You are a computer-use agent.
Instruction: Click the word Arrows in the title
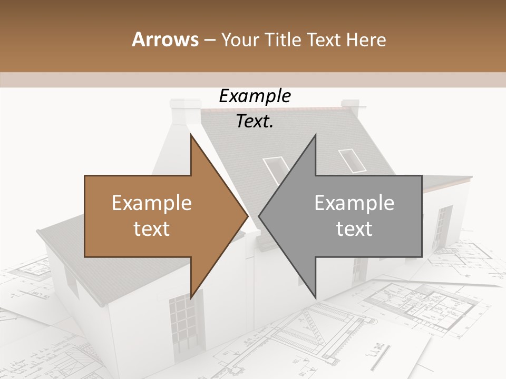tap(165, 39)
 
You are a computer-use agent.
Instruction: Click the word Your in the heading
tap(239, 40)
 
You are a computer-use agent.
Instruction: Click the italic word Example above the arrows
tap(255, 96)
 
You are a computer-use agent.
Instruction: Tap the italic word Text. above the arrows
tap(255, 122)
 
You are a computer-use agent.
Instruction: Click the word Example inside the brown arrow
tap(152, 203)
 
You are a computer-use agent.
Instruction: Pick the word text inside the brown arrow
tap(152, 229)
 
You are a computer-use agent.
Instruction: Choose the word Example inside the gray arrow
tap(354, 203)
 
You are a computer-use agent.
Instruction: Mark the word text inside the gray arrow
tap(354, 229)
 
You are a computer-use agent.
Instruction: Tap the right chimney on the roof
tap(350, 108)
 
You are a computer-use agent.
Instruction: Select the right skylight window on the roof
tap(352, 161)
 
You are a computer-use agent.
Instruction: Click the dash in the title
tap(210, 40)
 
